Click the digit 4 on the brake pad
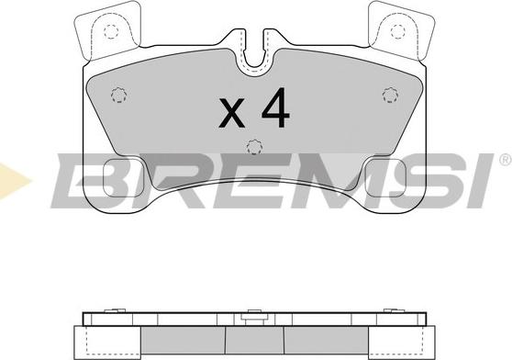pos(275,107)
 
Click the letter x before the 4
pos(231,113)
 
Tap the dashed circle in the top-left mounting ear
pos(111,32)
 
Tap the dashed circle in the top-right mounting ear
pos(397,32)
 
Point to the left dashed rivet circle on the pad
pos(119,96)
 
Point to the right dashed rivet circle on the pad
pos(390,96)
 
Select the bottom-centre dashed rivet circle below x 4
pos(255,147)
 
